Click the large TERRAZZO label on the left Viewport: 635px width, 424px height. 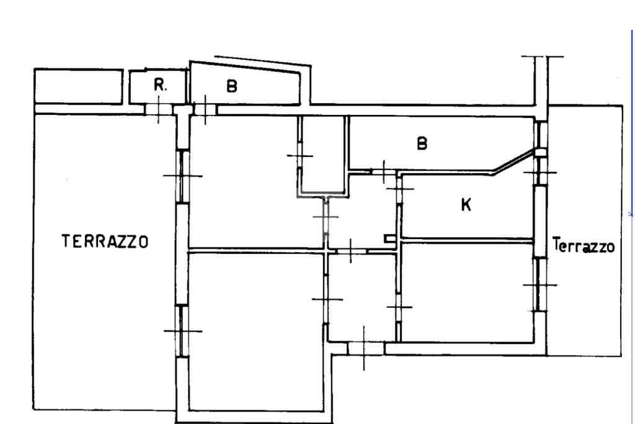(105, 241)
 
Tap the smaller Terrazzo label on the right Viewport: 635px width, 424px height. (584, 246)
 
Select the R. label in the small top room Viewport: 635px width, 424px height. (160, 86)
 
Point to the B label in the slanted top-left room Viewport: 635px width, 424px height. (231, 87)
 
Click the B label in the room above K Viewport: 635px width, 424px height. (422, 144)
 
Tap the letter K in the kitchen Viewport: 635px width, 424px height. (466, 205)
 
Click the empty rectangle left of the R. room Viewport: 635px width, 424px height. (78, 86)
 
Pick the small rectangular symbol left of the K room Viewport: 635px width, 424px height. (389, 237)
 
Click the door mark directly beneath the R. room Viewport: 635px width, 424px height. (159, 110)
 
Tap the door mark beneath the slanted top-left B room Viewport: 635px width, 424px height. (205, 109)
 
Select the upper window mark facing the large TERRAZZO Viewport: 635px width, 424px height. (182, 176)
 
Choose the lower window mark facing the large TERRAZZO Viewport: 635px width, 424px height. (182, 331)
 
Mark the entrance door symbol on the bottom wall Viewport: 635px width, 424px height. (364, 348)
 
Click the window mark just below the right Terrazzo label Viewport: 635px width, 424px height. (540, 285)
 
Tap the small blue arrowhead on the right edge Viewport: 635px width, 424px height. (630, 214)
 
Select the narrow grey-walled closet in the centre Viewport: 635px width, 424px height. (322, 155)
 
